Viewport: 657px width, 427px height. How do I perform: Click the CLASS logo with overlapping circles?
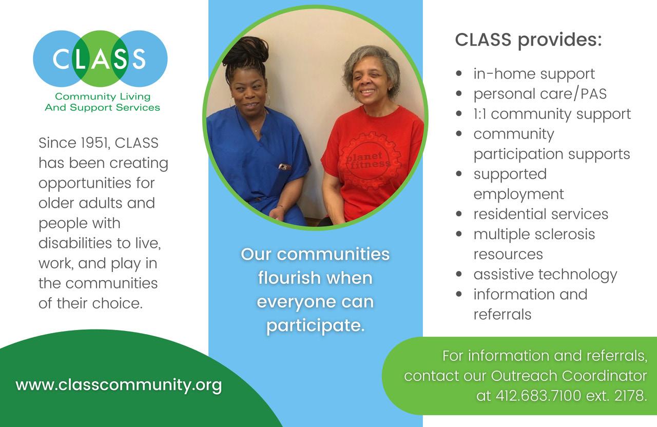click(100, 59)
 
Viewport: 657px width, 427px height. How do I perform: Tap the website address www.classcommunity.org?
click(119, 385)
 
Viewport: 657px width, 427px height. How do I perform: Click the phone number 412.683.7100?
click(538, 396)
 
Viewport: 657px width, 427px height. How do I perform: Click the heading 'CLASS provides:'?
click(528, 40)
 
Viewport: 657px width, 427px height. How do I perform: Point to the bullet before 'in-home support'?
click(459, 73)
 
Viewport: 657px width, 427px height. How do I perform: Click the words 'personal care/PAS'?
click(540, 94)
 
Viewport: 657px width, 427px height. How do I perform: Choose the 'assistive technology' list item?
click(545, 275)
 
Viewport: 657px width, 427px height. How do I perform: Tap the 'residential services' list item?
click(541, 214)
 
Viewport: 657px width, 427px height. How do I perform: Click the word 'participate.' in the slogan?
click(316, 326)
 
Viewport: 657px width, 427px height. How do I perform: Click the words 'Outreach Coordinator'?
click(569, 376)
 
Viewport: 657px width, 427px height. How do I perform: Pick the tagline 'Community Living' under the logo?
click(103, 96)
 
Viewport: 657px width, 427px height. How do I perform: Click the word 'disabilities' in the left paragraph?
click(75, 243)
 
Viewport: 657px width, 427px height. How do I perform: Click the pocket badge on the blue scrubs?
click(284, 167)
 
